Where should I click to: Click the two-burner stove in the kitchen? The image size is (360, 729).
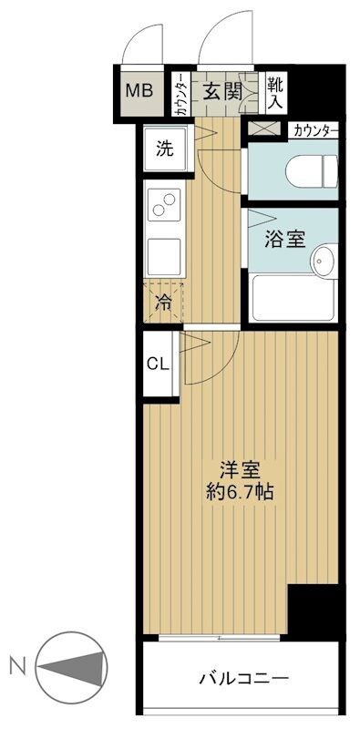167,207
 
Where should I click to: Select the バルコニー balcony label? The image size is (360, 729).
243,680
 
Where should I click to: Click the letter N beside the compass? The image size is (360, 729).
16,666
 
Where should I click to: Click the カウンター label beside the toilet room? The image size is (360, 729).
315,130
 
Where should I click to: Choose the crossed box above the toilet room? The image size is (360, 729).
265,130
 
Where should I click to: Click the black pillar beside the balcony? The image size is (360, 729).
315,610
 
